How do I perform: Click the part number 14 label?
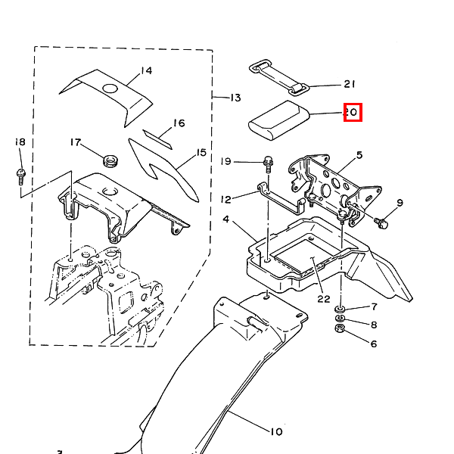coord(147,70)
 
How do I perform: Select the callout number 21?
coord(350,84)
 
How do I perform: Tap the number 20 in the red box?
coord(352,112)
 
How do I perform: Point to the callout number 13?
coord(235,98)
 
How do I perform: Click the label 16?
coord(179,123)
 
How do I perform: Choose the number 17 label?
coord(75,142)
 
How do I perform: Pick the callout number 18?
coord(20,142)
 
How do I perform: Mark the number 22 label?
coord(324,299)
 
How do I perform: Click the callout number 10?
coord(276,432)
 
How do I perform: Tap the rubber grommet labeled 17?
coord(110,160)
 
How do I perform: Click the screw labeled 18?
coord(20,176)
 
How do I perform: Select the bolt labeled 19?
coord(269,164)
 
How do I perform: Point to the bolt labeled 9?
coord(381,223)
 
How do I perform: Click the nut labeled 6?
coord(339,328)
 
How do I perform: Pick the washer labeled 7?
coord(339,309)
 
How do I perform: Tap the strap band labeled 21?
coord(278,77)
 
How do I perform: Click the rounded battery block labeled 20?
coord(278,120)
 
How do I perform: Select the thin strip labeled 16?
coord(157,139)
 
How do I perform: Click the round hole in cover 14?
coord(110,89)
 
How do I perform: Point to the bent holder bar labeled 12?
coord(281,200)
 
